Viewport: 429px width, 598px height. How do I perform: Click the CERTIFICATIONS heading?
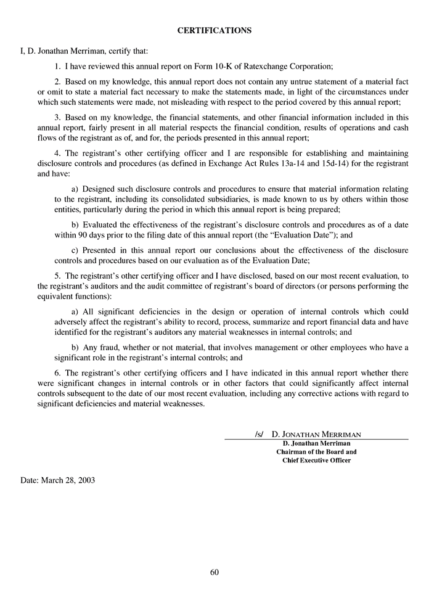pyautogui.click(x=214, y=30)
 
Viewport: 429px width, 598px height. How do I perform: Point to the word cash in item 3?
pyautogui.click(x=399, y=128)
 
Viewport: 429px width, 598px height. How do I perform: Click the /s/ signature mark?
pyautogui.click(x=259, y=434)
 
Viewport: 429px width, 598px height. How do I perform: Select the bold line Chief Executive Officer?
pyautogui.click(x=316, y=461)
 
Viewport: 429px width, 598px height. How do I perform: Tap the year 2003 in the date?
pyautogui.click(x=86, y=480)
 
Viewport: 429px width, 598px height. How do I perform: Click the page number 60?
pyautogui.click(x=214, y=571)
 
